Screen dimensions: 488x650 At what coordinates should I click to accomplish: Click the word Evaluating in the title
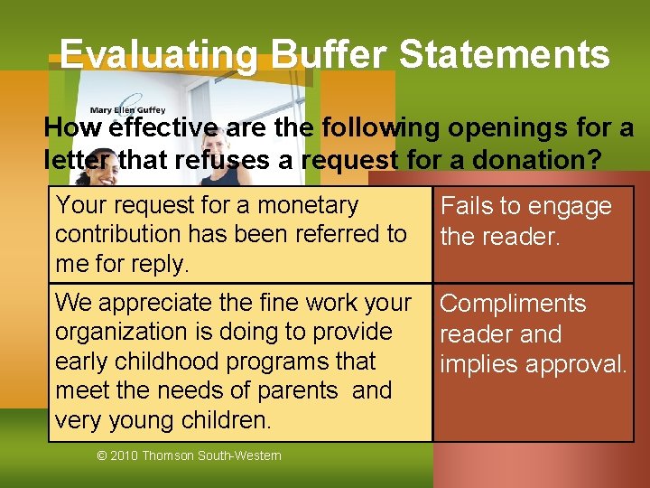click(158, 55)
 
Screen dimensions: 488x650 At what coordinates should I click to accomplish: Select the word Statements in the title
click(505, 55)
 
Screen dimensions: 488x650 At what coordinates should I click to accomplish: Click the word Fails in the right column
click(466, 207)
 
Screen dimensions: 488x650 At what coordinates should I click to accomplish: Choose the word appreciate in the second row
click(148, 302)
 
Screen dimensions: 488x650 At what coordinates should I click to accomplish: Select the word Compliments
click(513, 304)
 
